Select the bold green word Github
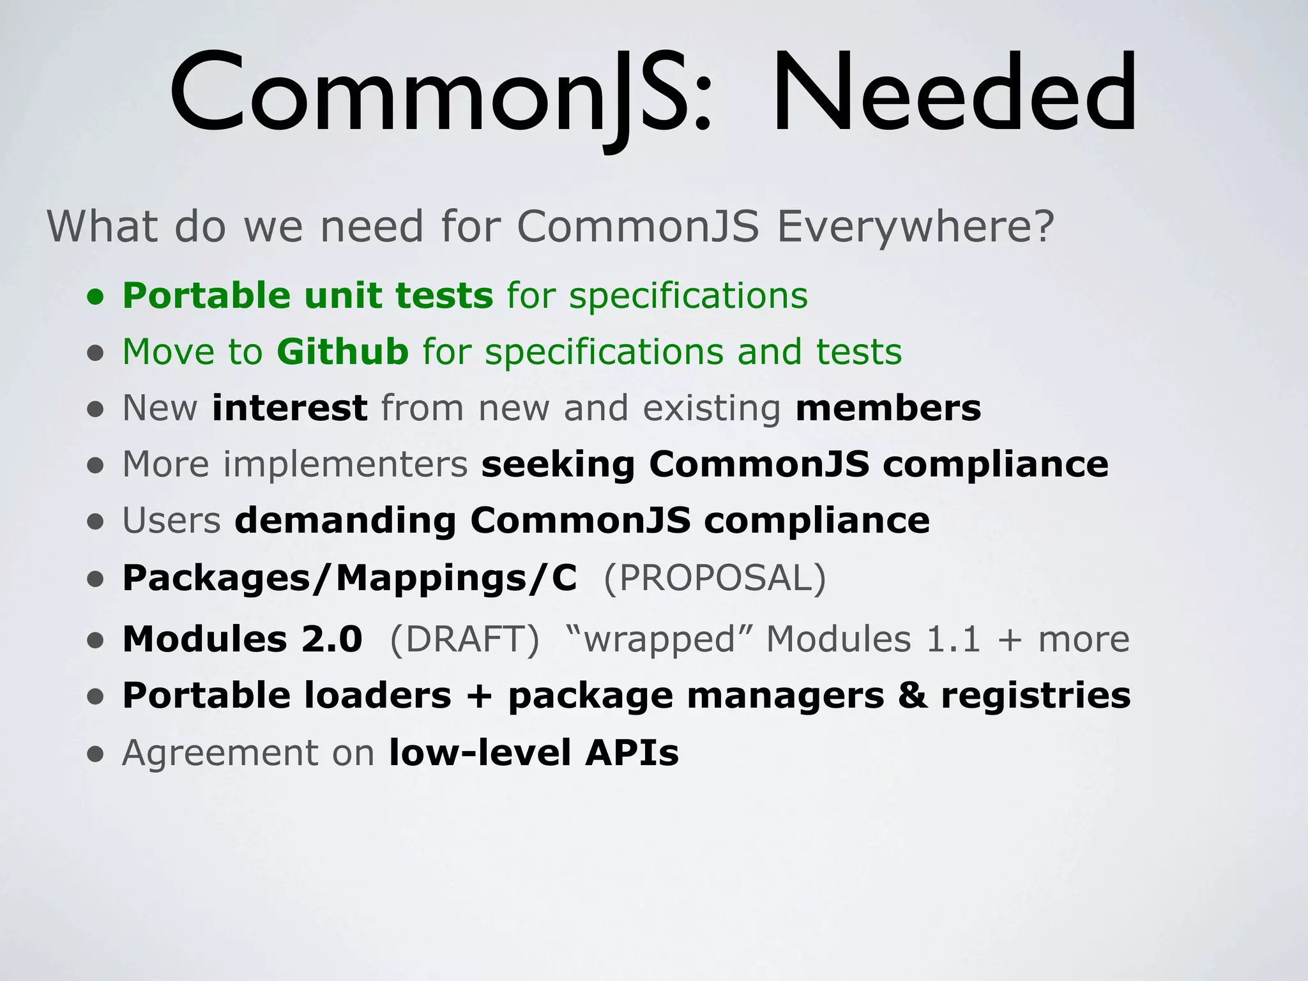click(x=342, y=352)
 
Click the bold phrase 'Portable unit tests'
click(x=308, y=296)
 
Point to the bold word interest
click(x=289, y=408)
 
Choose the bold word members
click(x=888, y=408)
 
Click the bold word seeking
click(x=558, y=464)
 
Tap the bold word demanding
click(x=345, y=521)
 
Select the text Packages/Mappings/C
click(x=349, y=578)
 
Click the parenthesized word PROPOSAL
click(x=715, y=578)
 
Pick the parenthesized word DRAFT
click(x=465, y=639)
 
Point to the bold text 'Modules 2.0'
click(x=243, y=639)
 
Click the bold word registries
click(x=1035, y=696)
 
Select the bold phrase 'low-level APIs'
click(x=534, y=752)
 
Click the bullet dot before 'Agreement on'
click(x=96, y=754)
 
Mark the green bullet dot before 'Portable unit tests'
click(x=96, y=297)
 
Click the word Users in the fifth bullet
click(x=171, y=521)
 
